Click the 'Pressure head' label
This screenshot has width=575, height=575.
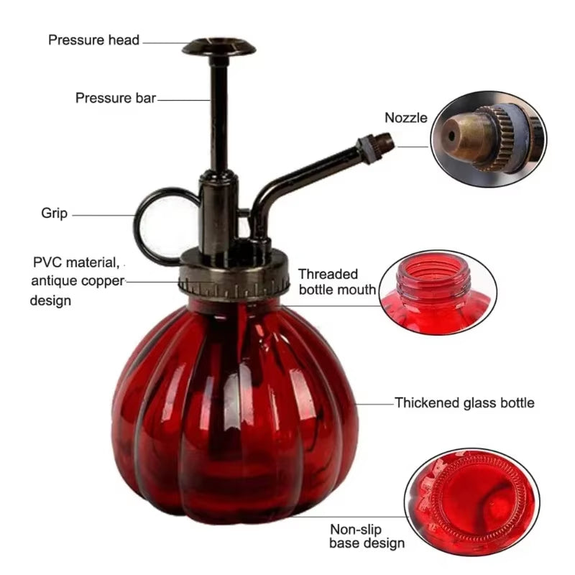(93, 40)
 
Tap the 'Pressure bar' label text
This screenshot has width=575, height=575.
(115, 98)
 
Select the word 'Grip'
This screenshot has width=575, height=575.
(54, 213)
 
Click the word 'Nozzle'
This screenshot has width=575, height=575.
(405, 117)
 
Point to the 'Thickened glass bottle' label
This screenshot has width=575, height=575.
(464, 402)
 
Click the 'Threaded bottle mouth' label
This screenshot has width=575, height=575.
(336, 282)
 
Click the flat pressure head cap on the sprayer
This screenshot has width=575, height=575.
(219, 47)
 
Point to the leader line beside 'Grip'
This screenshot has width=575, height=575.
(103, 214)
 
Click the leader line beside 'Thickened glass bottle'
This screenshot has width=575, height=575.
(374, 403)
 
